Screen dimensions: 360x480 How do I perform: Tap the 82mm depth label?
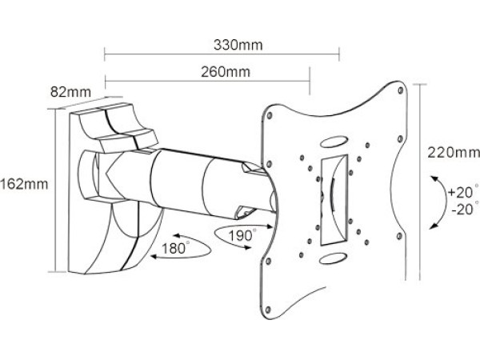point(70,92)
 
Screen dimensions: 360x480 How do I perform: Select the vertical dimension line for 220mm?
point(419,160)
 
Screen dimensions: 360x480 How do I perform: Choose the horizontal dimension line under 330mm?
point(222,56)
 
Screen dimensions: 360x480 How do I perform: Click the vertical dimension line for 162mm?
point(55,192)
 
